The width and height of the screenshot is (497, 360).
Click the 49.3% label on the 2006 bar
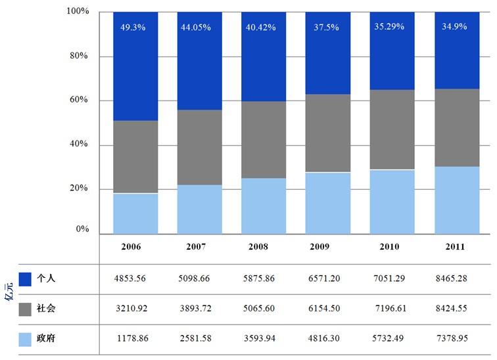tap(135, 28)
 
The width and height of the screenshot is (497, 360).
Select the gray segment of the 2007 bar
tap(200, 147)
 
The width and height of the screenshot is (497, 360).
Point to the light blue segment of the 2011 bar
tap(456, 200)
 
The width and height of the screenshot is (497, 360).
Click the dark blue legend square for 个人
tap(26, 279)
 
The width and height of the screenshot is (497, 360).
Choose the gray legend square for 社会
tap(26, 309)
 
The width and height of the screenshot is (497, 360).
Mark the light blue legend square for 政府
tap(26, 339)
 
